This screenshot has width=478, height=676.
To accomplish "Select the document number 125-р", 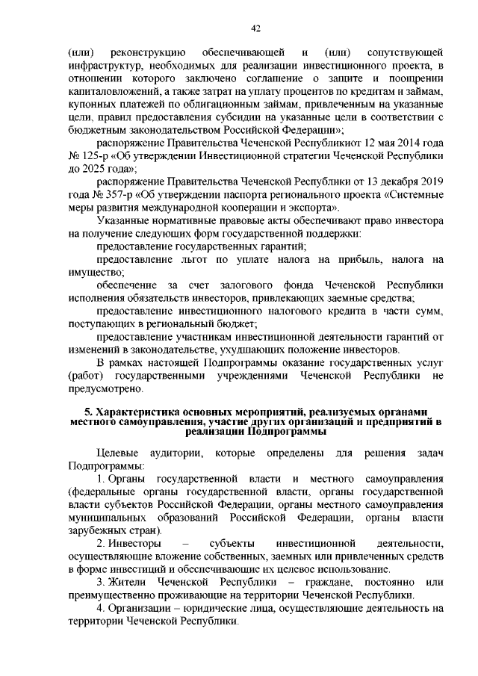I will [x=97, y=158].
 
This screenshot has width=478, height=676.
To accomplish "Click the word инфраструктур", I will [x=104, y=68].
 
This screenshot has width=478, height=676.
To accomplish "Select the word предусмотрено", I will [x=104, y=388].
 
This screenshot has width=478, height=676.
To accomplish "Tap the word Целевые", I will [x=119, y=453].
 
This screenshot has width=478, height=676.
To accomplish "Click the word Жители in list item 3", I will [x=131, y=581].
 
